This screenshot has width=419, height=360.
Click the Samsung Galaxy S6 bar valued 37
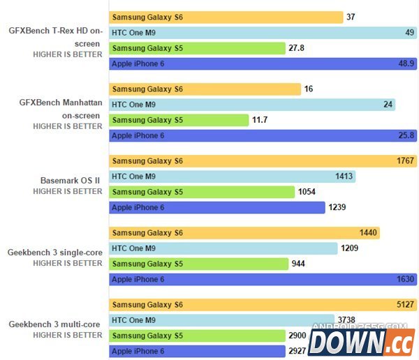point(226,17)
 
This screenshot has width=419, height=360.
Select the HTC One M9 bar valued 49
point(263,32)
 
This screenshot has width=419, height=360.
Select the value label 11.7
point(260,120)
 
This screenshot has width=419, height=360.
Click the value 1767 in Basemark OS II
point(405,161)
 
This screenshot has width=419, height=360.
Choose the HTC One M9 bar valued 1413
point(233,177)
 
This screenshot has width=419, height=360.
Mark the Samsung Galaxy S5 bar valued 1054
point(202,192)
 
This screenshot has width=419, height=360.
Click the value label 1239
point(338,207)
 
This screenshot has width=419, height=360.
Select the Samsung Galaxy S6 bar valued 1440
point(244,233)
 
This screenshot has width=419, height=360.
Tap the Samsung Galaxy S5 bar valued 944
point(199,264)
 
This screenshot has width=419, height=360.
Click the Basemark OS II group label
point(71,179)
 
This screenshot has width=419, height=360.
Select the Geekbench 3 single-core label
point(55,252)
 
